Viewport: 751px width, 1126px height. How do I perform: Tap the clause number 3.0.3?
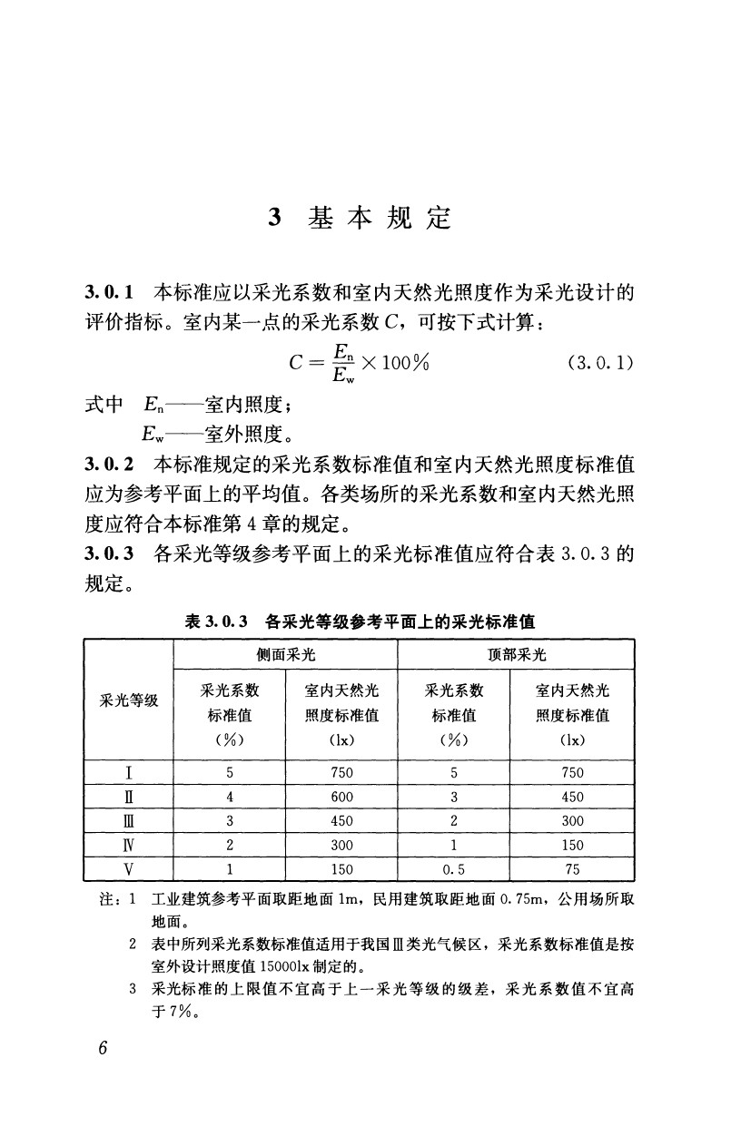pos(109,552)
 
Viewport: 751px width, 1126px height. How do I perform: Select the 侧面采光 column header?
pos(285,654)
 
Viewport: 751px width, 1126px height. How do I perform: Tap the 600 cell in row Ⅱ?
pos(341,797)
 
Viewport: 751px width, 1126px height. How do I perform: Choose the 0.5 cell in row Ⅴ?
pos(453,868)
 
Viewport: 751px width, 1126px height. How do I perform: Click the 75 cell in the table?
pos(572,868)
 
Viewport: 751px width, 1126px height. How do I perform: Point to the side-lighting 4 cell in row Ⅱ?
pos(231,797)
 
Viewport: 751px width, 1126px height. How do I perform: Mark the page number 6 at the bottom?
pos(103,1047)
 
